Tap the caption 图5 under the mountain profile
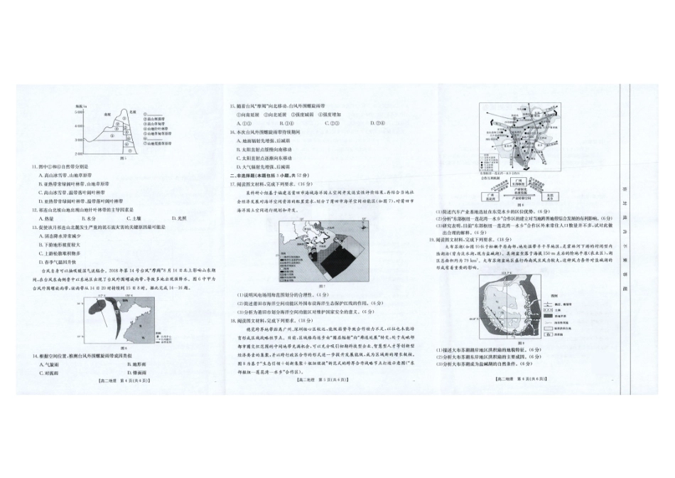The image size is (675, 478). (123, 159)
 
